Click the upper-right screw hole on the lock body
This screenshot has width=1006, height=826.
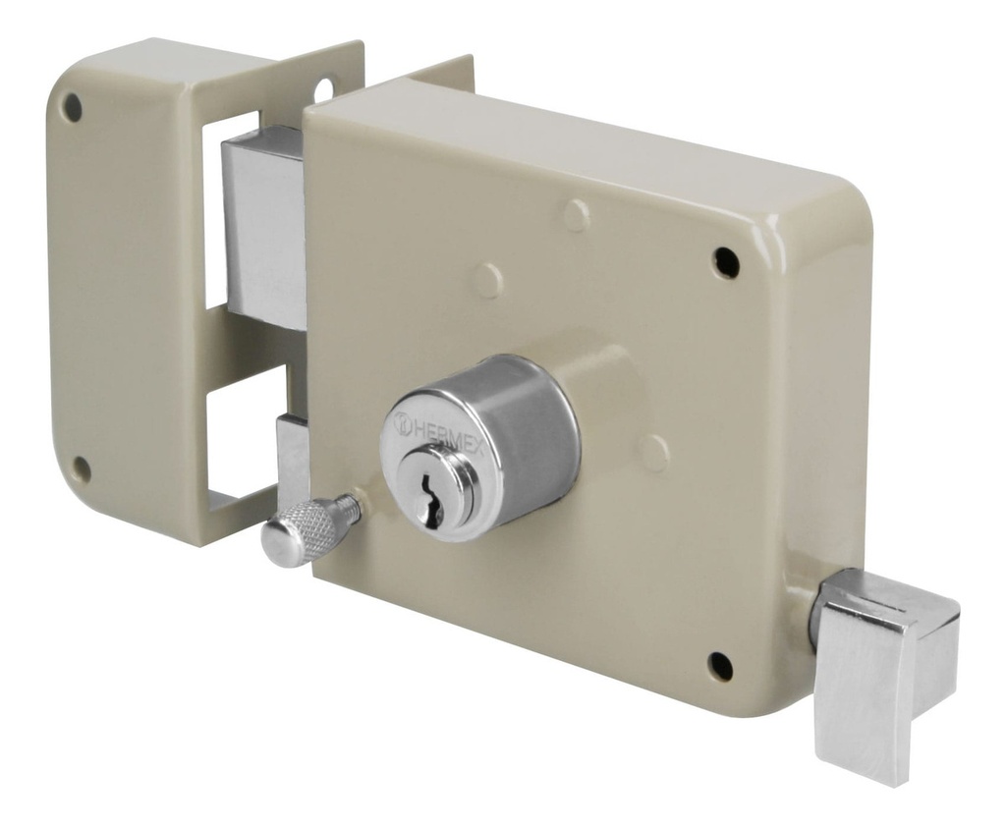coord(726,261)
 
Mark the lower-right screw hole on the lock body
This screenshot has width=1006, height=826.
coord(721,666)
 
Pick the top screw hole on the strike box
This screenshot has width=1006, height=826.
coord(72,107)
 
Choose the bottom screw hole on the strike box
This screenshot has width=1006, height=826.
coord(82,469)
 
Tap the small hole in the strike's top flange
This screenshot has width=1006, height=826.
coord(323,90)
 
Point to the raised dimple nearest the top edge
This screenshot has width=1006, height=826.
coord(577,215)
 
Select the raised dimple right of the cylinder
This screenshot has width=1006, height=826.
coord(652,453)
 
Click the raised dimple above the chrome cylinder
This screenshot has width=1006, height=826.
coord(488,280)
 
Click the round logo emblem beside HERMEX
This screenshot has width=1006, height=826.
coord(403,424)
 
